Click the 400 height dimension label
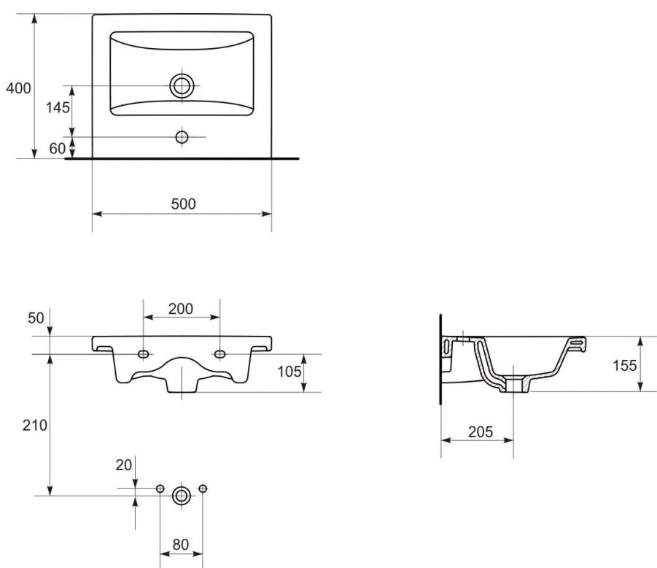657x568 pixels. pyautogui.click(x=18, y=88)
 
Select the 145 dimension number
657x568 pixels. pyautogui.click(x=58, y=108)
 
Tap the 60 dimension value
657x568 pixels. pyautogui.click(x=58, y=148)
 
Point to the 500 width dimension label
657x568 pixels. pyautogui.click(x=184, y=204)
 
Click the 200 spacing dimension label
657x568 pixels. pyautogui.click(x=181, y=309)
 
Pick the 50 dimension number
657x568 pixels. pyautogui.click(x=36, y=318)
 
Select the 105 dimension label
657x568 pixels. pyautogui.click(x=289, y=372)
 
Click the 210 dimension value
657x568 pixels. pyautogui.click(x=35, y=426)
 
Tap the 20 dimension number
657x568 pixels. pyautogui.click(x=124, y=465)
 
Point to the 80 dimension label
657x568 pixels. pyautogui.click(x=181, y=545)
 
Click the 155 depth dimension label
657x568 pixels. pyautogui.click(x=625, y=366)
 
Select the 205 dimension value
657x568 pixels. pyautogui.click(x=481, y=431)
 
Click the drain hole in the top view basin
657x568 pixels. pyautogui.click(x=182, y=85)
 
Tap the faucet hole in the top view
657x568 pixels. pyautogui.click(x=182, y=137)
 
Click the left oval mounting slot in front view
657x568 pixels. pyautogui.click(x=144, y=354)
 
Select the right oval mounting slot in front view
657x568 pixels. pyautogui.click(x=220, y=354)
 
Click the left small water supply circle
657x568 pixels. pyautogui.click(x=160, y=488)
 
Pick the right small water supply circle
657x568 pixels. pyautogui.click(x=203, y=488)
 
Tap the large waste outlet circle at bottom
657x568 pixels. pyautogui.click(x=182, y=496)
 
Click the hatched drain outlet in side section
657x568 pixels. pyautogui.click(x=514, y=385)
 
